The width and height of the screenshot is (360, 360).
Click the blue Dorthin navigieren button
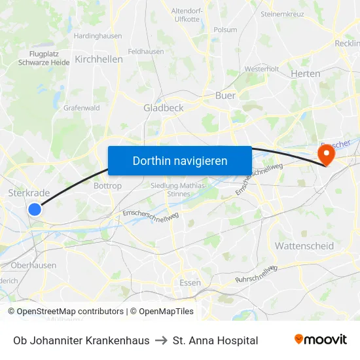[179, 160]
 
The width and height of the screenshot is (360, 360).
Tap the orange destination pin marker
[325, 154]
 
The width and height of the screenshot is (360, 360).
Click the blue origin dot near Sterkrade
[35, 209]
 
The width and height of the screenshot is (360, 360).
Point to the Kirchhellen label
[99, 59]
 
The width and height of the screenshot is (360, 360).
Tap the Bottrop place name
[108, 186]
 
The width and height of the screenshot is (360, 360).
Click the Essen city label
[190, 283]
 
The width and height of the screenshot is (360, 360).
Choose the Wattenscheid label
[304, 246]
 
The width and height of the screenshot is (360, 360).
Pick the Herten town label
[305, 73]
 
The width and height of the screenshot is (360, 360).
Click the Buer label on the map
[225, 96]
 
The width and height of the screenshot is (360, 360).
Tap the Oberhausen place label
[33, 265]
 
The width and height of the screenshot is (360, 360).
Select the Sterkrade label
[29, 192]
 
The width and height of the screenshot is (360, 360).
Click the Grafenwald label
[81, 108]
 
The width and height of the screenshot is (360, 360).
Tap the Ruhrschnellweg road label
[256, 274]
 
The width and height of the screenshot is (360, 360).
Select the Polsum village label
[225, 29]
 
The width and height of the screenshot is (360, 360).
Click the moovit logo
[321, 340]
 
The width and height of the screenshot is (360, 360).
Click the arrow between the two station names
[161, 340]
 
